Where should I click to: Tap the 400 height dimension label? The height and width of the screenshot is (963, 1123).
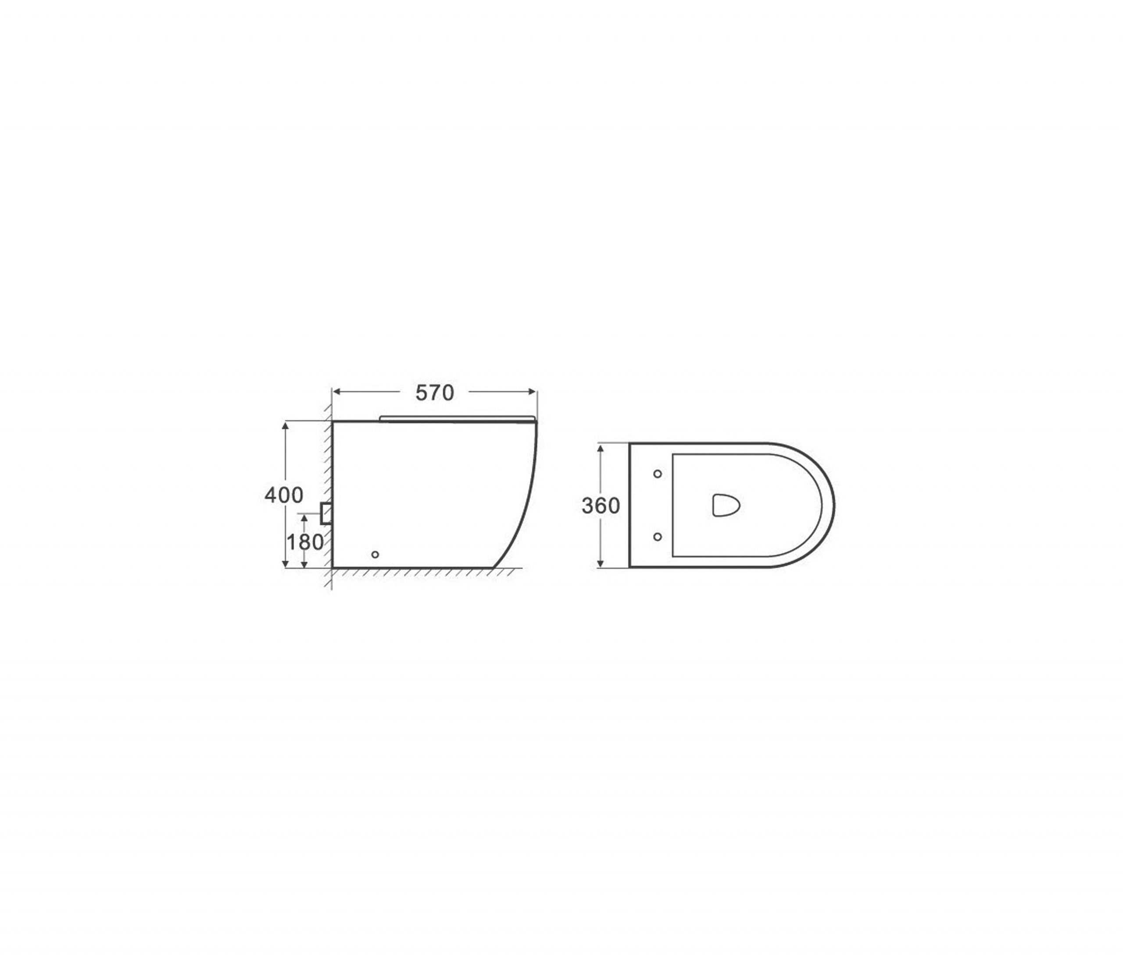283,495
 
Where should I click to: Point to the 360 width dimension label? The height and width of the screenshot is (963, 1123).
601,506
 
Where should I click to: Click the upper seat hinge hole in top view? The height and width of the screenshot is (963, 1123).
658,474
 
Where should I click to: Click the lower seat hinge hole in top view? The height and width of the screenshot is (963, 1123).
658,537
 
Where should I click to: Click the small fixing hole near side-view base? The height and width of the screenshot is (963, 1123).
375,555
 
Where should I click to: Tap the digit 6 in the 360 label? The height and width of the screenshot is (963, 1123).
601,506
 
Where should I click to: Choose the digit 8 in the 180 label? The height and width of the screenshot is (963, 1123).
305,542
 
